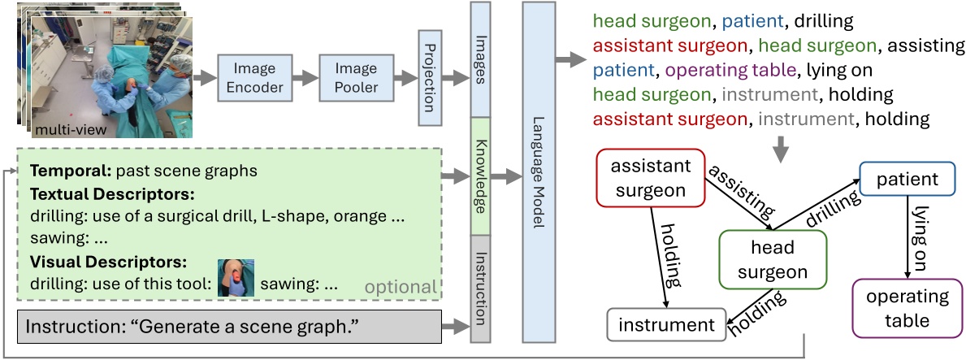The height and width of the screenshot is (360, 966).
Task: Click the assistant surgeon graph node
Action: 651,178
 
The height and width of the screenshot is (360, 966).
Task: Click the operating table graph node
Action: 906,308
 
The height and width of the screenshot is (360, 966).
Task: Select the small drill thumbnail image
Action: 236,277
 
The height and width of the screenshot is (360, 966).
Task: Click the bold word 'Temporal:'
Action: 71,172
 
